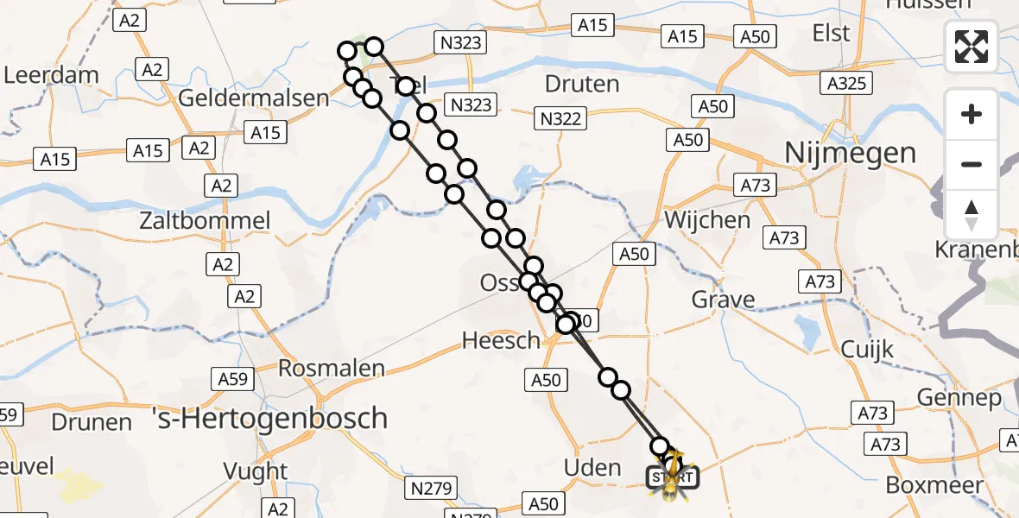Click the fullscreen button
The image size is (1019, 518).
tap(972, 47)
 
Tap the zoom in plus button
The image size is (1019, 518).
tap(972, 114)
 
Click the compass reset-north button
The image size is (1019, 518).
tap(972, 215)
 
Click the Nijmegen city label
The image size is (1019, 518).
tap(850, 154)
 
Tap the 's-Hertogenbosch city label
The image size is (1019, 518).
tap(269, 419)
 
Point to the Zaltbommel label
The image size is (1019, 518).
tap(205, 221)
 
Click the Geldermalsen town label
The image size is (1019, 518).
tap(253, 98)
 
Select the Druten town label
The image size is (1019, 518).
tap(583, 85)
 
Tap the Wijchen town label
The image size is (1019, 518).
tap(706, 220)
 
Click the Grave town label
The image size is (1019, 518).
tap(723, 300)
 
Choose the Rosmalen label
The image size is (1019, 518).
tap(331, 369)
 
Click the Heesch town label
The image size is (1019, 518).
tap(501, 341)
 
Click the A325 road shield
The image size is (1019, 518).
tap(845, 83)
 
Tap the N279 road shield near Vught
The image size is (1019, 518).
tap(430, 489)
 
